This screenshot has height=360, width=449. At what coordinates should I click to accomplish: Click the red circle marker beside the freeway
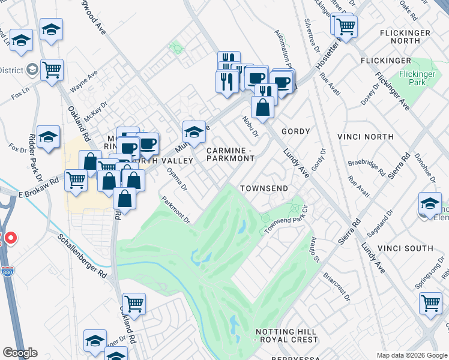click(x=10, y=239)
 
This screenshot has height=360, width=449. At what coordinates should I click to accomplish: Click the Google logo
click(x=20, y=353)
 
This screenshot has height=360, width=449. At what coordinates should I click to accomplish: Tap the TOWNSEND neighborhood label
click(x=264, y=188)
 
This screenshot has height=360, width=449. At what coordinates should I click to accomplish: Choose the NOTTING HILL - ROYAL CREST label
click(x=286, y=335)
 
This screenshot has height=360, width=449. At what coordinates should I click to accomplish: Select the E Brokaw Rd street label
click(x=39, y=187)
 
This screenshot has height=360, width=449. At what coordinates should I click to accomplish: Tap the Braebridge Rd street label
click(x=366, y=167)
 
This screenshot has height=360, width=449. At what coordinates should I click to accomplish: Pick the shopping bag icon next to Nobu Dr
click(x=263, y=107)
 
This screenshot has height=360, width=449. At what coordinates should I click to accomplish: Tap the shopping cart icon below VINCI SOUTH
click(x=431, y=302)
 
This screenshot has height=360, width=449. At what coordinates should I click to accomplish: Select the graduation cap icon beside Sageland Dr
click(x=430, y=203)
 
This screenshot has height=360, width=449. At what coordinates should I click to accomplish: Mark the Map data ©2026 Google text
click(x=412, y=355)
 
